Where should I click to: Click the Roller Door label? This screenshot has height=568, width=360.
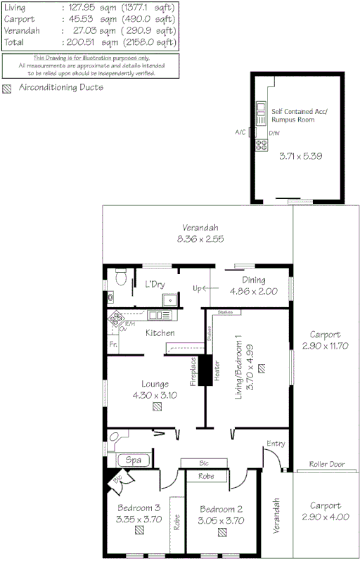click(x=326, y=465)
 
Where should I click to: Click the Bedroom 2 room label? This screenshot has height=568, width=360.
click(x=221, y=509)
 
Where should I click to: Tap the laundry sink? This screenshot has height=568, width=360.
click(x=168, y=300)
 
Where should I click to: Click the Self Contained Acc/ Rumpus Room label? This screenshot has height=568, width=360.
click(x=294, y=115)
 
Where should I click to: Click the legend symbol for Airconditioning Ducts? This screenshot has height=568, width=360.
click(x=8, y=89)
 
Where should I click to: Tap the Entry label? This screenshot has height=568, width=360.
click(x=276, y=444)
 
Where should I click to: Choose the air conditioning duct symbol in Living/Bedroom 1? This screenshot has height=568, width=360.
click(x=262, y=368)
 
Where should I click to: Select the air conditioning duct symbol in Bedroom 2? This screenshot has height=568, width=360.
click(x=221, y=534)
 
